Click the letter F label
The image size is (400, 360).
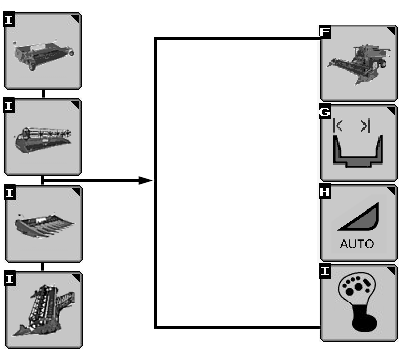[325, 32]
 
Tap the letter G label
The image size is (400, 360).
[325, 112]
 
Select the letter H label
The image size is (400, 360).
[325, 192]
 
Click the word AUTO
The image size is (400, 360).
[357, 244]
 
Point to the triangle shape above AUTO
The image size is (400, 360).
[359, 217]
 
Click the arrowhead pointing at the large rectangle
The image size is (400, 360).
[145, 181]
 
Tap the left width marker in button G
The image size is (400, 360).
[338, 126]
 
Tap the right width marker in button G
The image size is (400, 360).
[365, 126]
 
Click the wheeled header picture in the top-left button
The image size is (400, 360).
[43, 54]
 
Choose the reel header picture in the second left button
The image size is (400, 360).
[43, 140]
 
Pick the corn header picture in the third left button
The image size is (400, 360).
[45, 225]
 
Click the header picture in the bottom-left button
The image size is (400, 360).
[44, 310]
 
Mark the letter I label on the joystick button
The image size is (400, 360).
[325, 271]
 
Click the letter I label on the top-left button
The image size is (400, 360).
[9, 20]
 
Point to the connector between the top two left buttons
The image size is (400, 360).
[43, 93]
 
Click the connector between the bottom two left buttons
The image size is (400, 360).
[43, 267]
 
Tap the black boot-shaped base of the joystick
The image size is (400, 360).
[364, 318]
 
